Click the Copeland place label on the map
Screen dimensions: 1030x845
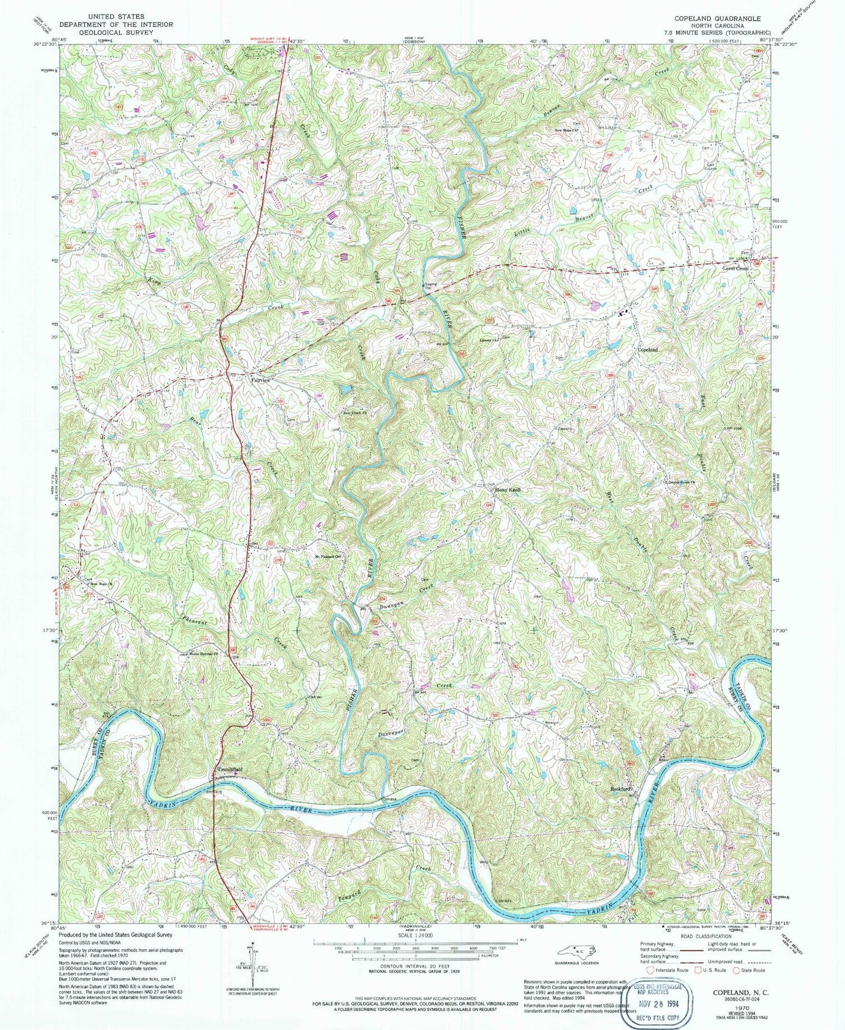click(x=648, y=350)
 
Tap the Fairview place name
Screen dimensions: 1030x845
click(x=260, y=381)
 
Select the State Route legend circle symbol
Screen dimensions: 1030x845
click(x=736, y=970)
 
